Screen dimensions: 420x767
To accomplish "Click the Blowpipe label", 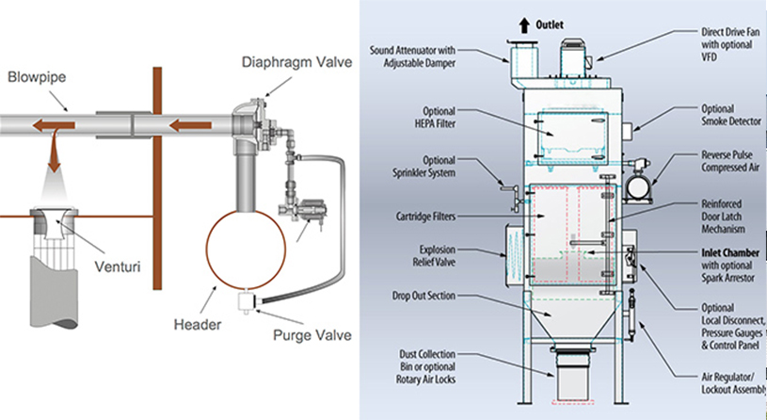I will (35, 75).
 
